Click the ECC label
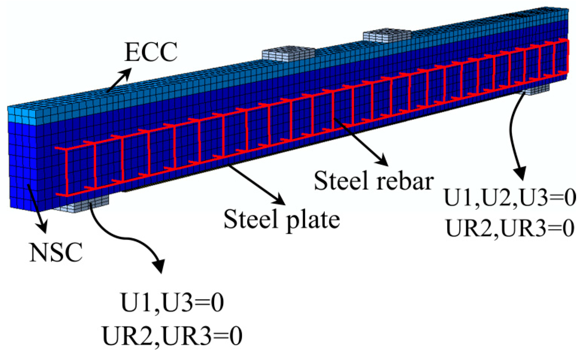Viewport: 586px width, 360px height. [151, 52]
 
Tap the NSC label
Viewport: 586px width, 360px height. [56, 252]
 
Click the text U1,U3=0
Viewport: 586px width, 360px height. [172, 303]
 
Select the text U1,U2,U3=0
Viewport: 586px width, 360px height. [510, 197]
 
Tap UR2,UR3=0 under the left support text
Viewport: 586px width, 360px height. [172, 336]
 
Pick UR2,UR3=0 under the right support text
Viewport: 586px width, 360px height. [510, 227]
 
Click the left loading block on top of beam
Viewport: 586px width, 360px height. [288, 54]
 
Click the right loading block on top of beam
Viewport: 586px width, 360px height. [387, 35]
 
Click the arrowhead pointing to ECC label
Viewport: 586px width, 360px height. [126, 72]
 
